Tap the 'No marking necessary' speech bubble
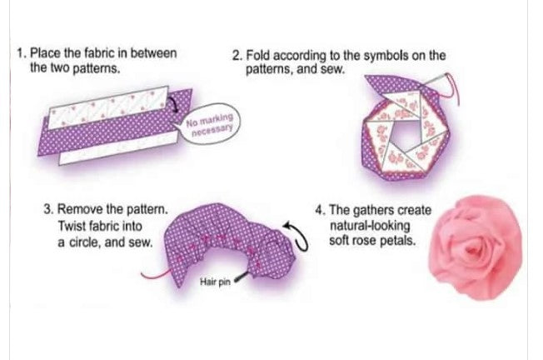click(x=211, y=127)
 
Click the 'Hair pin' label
click(x=215, y=282)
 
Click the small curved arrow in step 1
click(x=174, y=105)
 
